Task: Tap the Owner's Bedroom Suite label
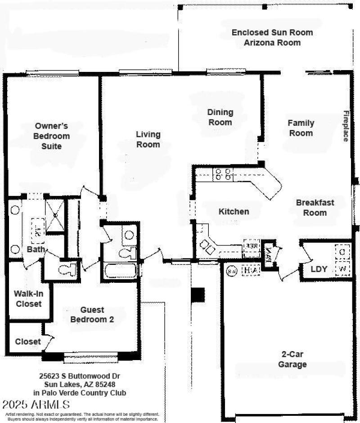click(52, 136)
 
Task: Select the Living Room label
click(148, 139)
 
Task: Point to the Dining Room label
click(220, 117)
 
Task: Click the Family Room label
click(301, 128)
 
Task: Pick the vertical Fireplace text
click(346, 126)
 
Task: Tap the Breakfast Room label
click(315, 208)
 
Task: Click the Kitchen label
click(234, 211)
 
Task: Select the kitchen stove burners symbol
click(223, 174)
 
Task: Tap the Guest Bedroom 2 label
click(93, 314)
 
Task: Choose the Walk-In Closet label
click(28, 299)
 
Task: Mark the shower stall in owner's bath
click(55, 215)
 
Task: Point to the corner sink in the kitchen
click(207, 245)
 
